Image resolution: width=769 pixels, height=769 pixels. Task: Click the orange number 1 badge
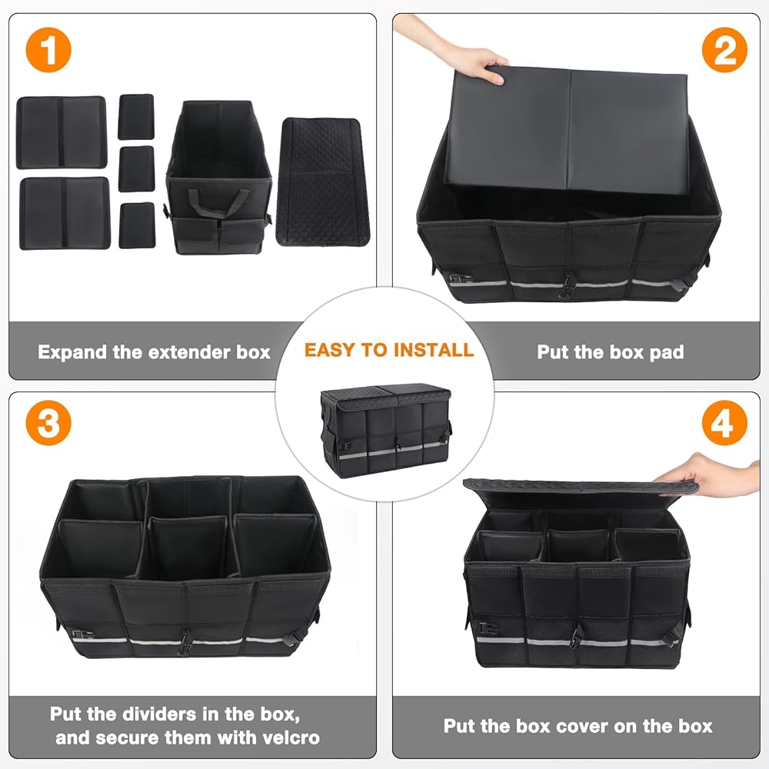(x=48, y=50)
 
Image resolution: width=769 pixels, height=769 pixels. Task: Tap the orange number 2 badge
(x=724, y=50)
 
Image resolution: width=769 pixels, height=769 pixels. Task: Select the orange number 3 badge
(x=48, y=423)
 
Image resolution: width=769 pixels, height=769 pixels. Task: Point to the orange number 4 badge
(x=724, y=423)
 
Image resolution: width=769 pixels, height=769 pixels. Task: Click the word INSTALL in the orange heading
(x=434, y=350)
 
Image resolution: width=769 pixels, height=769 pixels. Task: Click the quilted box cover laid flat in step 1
(x=321, y=182)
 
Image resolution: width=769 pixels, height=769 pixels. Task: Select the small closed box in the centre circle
(x=385, y=431)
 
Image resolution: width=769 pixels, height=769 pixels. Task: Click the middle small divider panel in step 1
(x=137, y=168)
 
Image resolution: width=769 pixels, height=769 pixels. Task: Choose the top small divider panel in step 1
(x=136, y=117)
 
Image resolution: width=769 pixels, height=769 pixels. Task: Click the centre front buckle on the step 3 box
(x=185, y=642)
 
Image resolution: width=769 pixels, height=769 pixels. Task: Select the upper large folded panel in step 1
(x=62, y=132)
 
